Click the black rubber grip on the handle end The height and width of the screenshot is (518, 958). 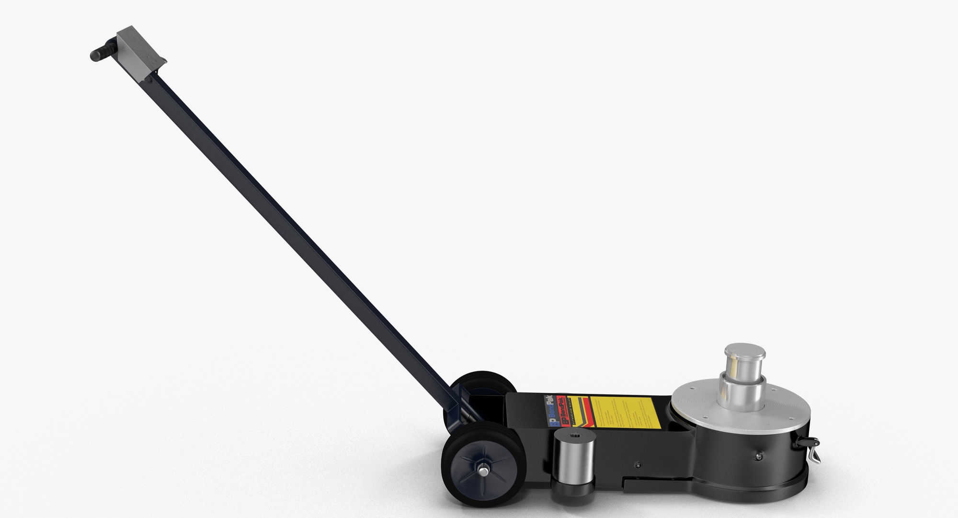[99, 54]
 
